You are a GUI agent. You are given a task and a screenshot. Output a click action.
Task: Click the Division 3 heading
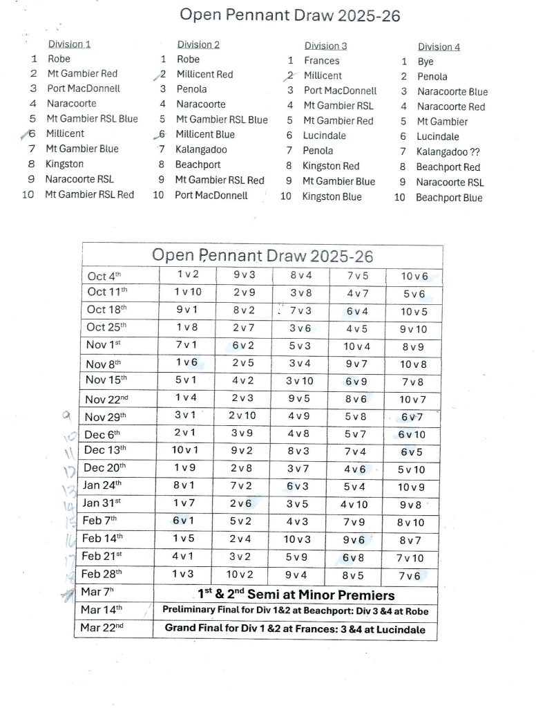pos(326,46)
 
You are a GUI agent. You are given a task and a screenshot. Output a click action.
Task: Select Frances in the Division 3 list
pos(322,60)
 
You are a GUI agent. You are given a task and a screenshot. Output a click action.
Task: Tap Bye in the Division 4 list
pos(425,62)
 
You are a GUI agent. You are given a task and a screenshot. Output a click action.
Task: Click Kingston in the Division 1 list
pos(64,164)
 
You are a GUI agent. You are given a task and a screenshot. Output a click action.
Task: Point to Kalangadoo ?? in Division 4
pos(448,151)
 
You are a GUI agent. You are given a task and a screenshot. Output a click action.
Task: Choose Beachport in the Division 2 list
pos(197,165)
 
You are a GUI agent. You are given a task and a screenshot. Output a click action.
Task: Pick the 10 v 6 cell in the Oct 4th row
pos(414,276)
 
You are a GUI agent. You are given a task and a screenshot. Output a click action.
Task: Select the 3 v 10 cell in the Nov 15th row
pos(299,380)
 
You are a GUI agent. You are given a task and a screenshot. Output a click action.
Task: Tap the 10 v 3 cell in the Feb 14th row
pos(299,539)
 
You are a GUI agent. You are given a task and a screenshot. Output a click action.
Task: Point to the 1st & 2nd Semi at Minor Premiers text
pos(296,594)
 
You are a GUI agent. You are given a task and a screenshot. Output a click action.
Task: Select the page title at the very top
pos(290,15)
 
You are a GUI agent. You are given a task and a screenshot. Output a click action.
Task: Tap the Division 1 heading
pos(69,44)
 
